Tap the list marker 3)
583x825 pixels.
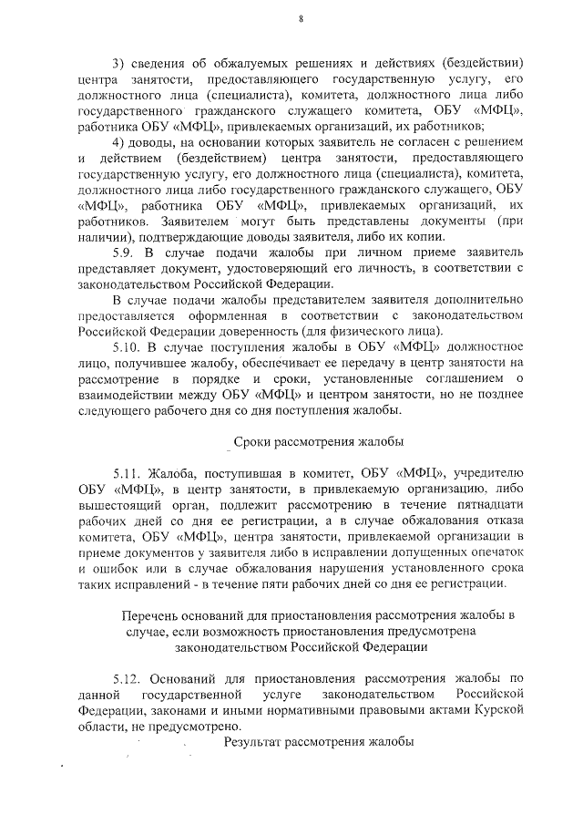point(118,63)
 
